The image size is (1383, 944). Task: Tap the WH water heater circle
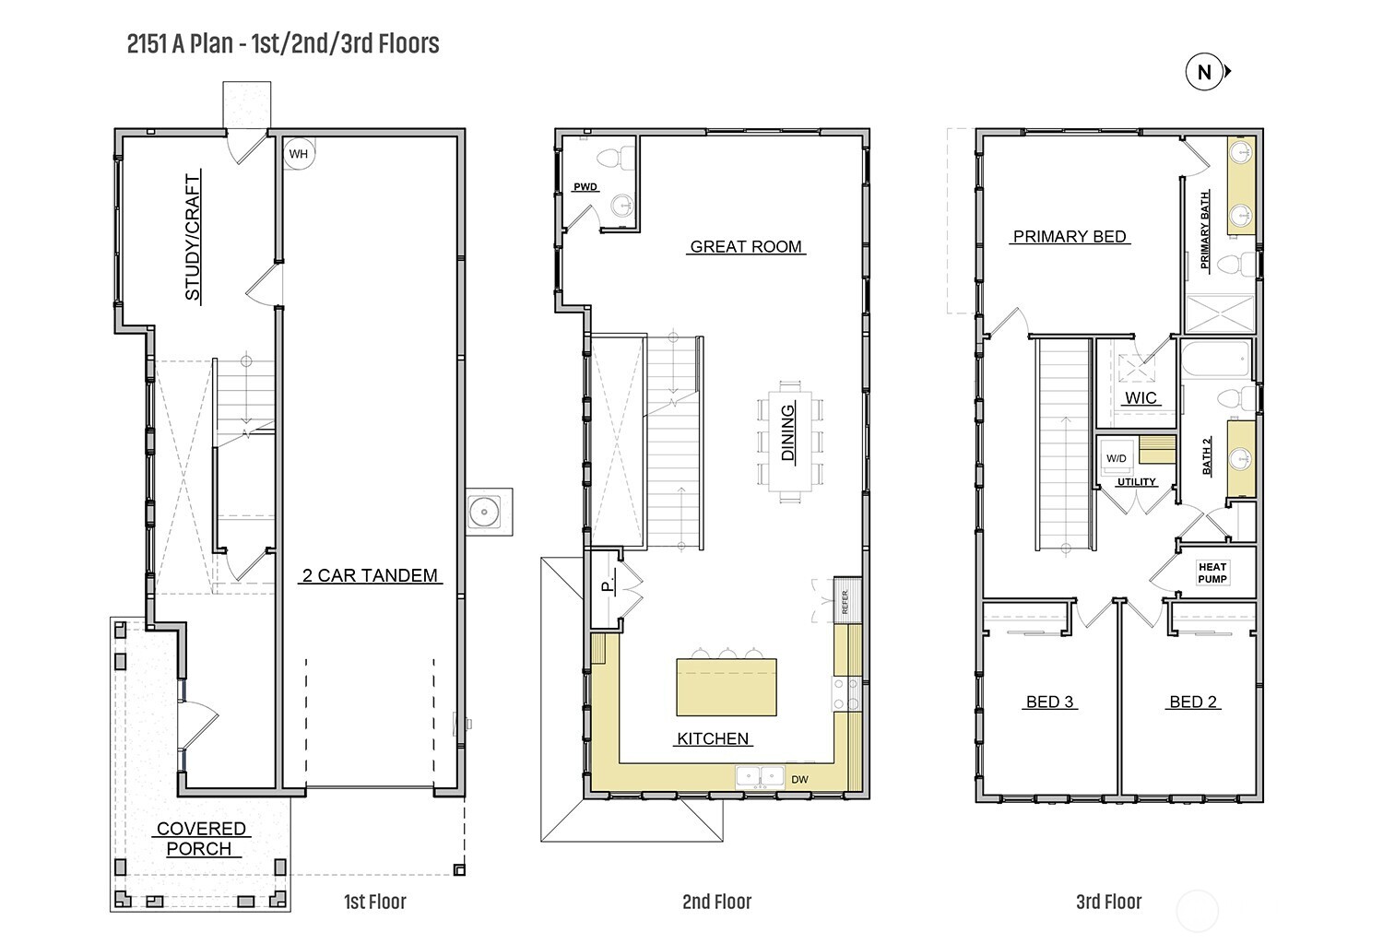tap(299, 154)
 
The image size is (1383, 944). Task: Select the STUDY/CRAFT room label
tap(193, 237)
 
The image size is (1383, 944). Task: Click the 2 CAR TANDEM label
tap(370, 575)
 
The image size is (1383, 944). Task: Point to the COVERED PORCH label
tap(201, 838)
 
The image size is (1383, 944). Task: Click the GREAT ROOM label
tap(746, 247)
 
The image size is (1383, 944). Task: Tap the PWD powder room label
tap(585, 186)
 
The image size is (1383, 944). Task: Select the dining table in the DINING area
tap(789, 441)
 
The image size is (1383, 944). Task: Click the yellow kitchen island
tap(727, 687)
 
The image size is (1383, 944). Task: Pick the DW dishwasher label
tap(799, 780)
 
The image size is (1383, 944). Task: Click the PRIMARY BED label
tap(1070, 237)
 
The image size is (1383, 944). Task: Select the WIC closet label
tap(1141, 397)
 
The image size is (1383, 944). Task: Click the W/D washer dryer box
tap(1117, 458)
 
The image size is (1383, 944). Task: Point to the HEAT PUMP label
tap(1212, 572)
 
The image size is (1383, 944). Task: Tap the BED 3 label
tap(1049, 702)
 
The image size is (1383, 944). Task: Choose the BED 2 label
tap(1193, 702)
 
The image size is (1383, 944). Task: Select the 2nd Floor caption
tap(716, 902)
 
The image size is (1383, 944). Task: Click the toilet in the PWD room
tap(616, 159)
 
